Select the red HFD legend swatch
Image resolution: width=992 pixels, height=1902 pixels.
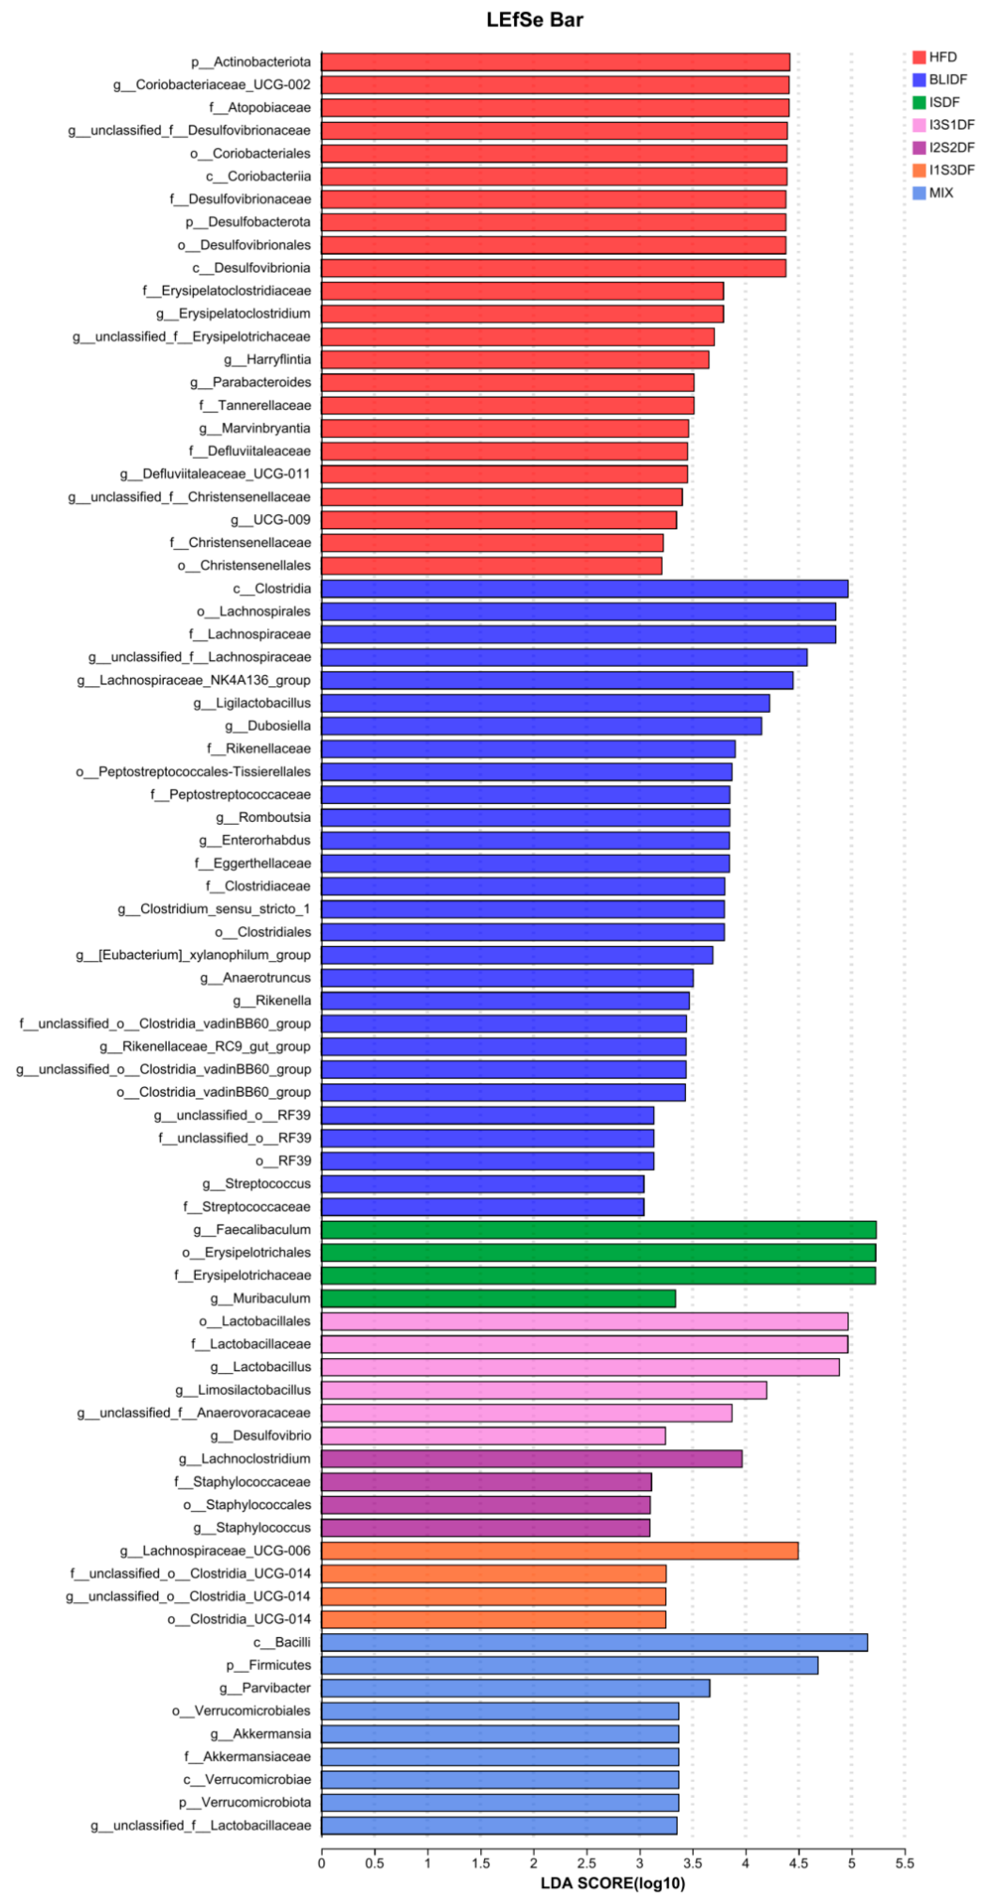pyautogui.click(x=919, y=58)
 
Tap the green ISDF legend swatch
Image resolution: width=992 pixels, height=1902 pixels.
pyautogui.click(x=919, y=103)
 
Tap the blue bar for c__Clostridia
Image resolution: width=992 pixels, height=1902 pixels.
pyautogui.click(x=584, y=589)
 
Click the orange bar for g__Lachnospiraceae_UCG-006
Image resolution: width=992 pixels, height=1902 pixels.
pyautogui.click(x=559, y=1550)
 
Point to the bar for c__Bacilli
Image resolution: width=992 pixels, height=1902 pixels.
pyautogui.click(x=594, y=1642)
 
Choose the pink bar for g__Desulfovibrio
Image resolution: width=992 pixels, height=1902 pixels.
pyautogui.click(x=493, y=1435)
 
